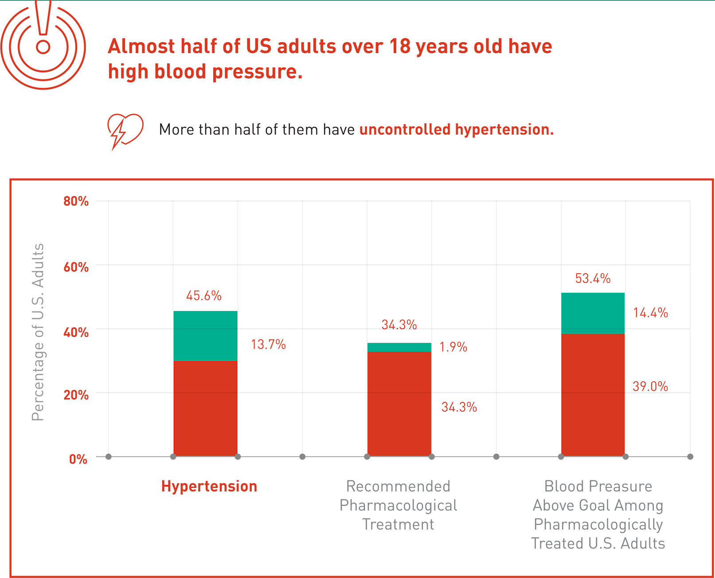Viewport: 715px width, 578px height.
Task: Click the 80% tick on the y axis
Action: [x=76, y=201]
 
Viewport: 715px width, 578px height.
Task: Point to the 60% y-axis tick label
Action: [x=76, y=267]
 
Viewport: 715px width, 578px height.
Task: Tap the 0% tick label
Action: [x=78, y=459]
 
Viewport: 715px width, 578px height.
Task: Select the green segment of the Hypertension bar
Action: [x=205, y=336]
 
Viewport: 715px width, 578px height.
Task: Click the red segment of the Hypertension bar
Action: [x=205, y=408]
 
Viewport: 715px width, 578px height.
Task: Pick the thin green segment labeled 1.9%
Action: [x=399, y=347]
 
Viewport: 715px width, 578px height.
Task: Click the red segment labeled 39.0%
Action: [x=593, y=395]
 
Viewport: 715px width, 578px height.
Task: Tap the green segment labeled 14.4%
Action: [x=593, y=313]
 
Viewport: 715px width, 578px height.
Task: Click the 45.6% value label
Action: [x=203, y=296]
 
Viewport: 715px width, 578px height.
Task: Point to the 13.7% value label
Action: [x=268, y=345]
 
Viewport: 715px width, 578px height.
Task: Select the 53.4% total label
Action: [x=593, y=279]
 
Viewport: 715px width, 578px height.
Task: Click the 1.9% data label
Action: [x=453, y=347]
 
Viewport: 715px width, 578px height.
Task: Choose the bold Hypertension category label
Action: [x=209, y=486]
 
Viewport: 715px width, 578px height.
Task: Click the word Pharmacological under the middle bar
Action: [x=398, y=505]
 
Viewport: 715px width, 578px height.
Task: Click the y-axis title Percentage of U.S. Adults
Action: [x=38, y=332]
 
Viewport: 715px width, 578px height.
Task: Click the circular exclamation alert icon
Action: [x=43, y=46]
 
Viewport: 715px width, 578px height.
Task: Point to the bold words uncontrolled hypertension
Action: [x=456, y=130]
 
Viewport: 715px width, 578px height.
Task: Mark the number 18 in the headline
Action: [x=400, y=46]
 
